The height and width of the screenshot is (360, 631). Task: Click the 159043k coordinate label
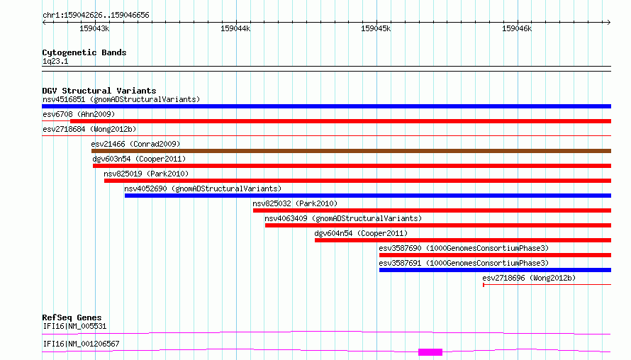point(94,28)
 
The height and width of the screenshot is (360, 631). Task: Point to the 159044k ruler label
point(235,28)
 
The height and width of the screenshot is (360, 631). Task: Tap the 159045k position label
point(376,28)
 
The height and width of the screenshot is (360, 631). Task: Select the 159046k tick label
point(517,28)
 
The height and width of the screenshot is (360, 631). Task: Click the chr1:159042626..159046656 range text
point(96,16)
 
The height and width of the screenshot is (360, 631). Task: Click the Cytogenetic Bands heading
point(84,52)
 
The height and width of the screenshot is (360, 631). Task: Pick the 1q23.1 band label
point(55,61)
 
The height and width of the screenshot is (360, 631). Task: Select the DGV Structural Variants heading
point(99,91)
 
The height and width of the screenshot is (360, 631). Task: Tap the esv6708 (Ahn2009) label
point(79,114)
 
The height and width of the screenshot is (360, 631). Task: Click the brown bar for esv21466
point(352,151)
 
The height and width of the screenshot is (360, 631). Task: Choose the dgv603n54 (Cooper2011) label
point(139,159)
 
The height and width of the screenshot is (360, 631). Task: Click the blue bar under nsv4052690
point(368,196)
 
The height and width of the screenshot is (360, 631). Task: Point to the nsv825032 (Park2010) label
point(295,203)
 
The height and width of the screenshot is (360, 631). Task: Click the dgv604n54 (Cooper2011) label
point(361,233)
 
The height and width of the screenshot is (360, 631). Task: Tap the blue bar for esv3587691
point(495,270)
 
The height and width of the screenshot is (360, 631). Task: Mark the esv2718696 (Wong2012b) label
point(529,278)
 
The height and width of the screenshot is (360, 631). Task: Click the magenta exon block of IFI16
point(430,352)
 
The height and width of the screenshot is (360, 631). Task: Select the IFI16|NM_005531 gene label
point(74,326)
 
